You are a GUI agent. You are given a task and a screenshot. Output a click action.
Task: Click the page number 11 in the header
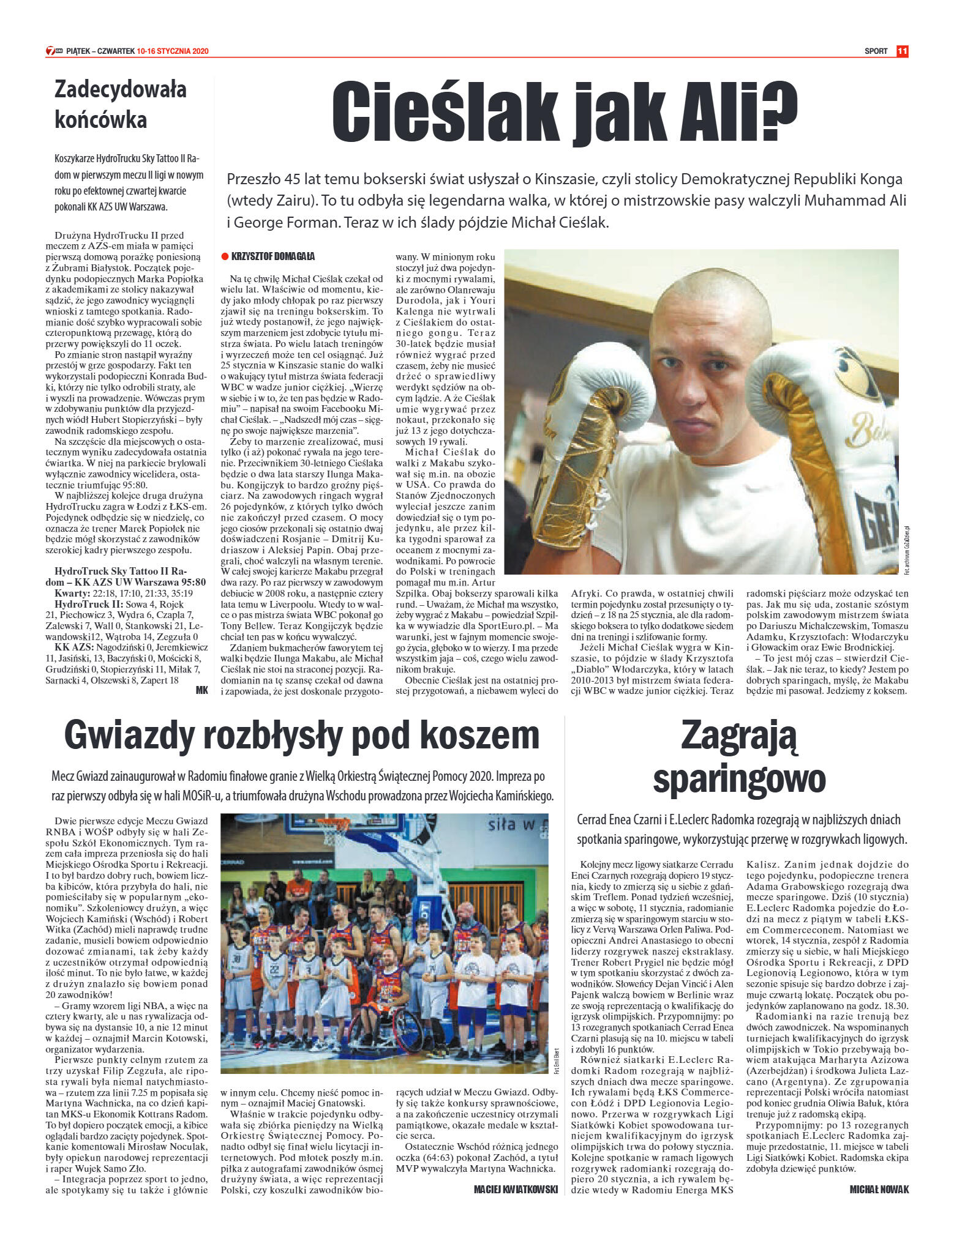(x=902, y=51)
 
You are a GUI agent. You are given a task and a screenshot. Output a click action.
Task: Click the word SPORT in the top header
(x=876, y=51)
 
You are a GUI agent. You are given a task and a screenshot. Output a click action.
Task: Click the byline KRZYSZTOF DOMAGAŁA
(x=273, y=256)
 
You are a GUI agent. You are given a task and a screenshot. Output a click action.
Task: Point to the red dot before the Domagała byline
(x=225, y=256)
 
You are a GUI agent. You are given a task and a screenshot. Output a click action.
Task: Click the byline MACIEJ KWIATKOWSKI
(x=516, y=1189)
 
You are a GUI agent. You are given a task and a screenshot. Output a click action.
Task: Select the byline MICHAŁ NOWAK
(x=879, y=1189)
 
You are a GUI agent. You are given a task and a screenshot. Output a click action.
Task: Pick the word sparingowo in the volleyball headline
(x=739, y=778)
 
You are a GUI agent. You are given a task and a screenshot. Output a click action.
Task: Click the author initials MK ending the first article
(x=202, y=690)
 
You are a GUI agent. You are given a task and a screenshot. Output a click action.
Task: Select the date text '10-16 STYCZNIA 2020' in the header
(x=173, y=51)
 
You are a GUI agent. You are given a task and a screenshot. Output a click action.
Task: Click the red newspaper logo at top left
(x=53, y=51)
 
